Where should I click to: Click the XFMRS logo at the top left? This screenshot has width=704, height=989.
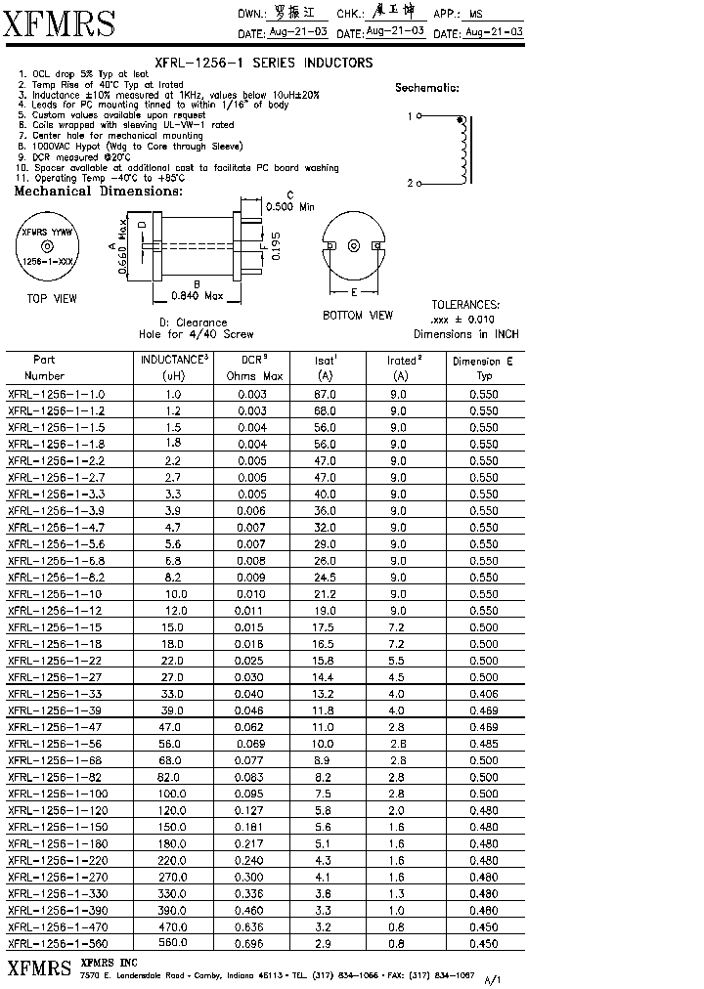point(61,23)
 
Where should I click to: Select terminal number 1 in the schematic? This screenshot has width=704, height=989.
point(411,116)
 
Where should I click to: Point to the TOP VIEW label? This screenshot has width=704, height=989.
point(51,298)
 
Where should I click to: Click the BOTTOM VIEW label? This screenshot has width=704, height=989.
point(358,316)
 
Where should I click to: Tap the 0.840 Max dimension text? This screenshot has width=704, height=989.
point(198,295)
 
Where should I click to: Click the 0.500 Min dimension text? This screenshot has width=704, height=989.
point(290,207)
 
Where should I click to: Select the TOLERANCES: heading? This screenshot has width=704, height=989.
point(465,305)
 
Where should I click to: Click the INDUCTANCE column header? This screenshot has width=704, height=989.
point(174,361)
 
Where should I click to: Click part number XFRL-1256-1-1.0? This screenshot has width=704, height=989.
point(56,395)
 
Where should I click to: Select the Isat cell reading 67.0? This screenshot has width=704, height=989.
point(325,395)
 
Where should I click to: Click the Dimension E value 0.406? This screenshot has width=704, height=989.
point(483,694)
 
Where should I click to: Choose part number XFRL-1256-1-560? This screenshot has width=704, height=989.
point(58,944)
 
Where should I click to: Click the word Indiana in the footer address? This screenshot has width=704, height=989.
point(260,975)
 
